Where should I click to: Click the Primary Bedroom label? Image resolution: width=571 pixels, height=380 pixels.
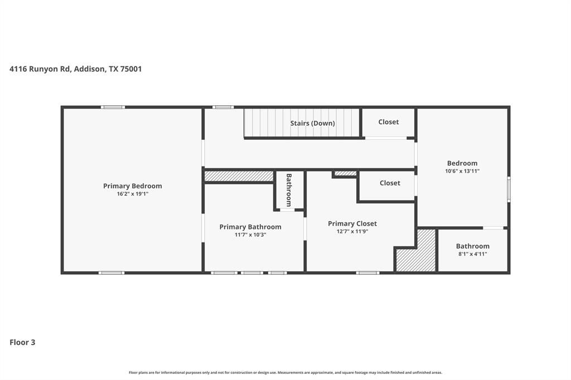coord(132,186)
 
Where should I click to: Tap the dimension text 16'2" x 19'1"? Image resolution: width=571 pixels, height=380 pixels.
coord(132,194)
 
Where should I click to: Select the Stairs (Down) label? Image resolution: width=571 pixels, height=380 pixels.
coord(312,123)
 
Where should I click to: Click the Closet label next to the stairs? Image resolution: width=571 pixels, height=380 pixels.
coord(389,122)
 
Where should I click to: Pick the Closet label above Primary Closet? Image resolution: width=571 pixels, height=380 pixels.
coord(390,183)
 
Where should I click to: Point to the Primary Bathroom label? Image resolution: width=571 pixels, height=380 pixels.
coord(250,227)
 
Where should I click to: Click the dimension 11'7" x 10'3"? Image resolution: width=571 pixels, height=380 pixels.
coord(250,235)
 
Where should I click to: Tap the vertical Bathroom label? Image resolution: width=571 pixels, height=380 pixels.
coord(289,190)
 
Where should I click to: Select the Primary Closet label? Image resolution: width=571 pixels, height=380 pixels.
coord(352,223)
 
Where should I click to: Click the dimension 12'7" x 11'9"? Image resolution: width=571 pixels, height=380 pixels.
coord(352,232)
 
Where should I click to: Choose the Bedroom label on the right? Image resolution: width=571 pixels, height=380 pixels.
coord(462,163)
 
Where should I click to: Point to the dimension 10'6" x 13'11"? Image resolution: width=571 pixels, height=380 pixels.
coord(462,172)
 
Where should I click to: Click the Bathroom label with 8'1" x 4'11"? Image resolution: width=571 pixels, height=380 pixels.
coord(472,246)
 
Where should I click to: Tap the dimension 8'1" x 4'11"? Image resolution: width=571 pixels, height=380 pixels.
coord(472,254)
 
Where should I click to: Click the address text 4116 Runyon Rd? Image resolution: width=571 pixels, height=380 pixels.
coord(75,69)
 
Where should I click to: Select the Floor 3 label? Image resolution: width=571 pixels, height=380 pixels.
coord(22,342)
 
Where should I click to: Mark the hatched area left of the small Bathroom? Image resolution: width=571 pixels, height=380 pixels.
coord(239,176)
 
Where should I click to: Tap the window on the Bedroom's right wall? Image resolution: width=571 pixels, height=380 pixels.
coord(508,189)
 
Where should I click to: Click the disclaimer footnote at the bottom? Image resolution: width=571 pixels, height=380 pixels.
coord(285,372)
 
